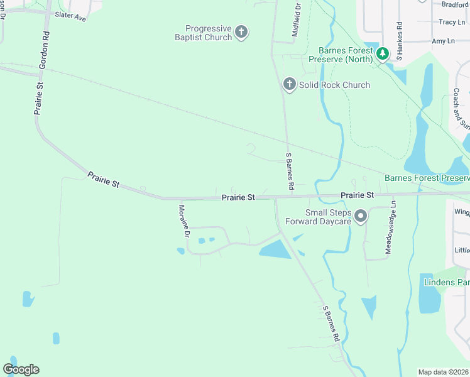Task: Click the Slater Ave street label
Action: [x=70, y=17]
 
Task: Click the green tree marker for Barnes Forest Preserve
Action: [x=383, y=55]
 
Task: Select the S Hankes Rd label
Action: [x=399, y=41]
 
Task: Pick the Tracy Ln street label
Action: [x=451, y=22]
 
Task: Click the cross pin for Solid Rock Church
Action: [x=289, y=84]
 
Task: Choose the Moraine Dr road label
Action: [x=183, y=221]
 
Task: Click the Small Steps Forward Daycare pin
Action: [x=361, y=216]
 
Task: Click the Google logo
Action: [x=21, y=369]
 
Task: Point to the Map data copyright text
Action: [x=444, y=372]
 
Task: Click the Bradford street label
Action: [x=455, y=4]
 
